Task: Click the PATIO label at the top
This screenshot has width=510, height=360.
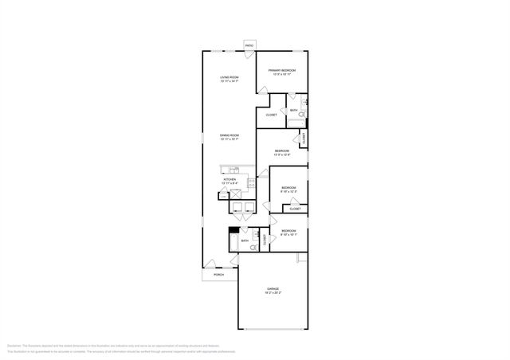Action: [x=249, y=46]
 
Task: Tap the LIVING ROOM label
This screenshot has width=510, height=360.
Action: [x=229, y=78]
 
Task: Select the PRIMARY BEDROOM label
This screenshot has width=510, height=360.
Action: [x=281, y=72]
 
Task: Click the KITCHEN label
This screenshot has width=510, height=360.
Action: [x=230, y=181]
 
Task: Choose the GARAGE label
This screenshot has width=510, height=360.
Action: [x=273, y=290]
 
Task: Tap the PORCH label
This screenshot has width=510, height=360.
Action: [x=218, y=275]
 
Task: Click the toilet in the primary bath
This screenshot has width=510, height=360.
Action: [x=300, y=116]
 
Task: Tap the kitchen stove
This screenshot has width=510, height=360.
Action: [x=251, y=184]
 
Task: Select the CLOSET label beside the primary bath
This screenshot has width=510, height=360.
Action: [x=271, y=115]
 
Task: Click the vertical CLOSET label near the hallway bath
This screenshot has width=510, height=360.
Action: [x=265, y=238]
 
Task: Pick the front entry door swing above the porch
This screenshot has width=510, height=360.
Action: [x=210, y=264]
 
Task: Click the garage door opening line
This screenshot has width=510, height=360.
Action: [x=273, y=330]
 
